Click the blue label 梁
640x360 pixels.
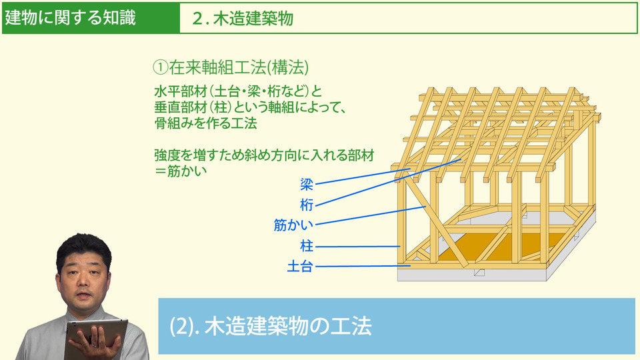tap(307, 184)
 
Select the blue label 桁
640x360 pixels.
tap(307, 205)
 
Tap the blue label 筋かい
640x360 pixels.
tap(293, 225)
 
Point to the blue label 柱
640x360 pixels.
tap(307, 246)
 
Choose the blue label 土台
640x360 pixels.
tap(300, 267)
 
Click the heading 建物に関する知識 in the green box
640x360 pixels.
tap(70, 17)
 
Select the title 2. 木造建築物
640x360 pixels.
tap(243, 19)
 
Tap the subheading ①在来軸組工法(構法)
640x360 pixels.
tap(231, 67)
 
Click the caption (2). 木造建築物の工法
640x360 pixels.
tap(271, 326)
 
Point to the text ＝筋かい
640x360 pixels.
tap(181, 171)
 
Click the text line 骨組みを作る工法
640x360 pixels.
tap(206, 123)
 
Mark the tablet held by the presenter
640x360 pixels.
tap(95, 337)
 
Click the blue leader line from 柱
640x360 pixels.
tap(357, 247)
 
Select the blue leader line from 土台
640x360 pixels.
tap(363, 266)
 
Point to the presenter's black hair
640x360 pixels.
tap(84, 249)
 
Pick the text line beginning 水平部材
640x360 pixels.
tap(239, 91)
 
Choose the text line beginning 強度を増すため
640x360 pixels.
tap(264, 155)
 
